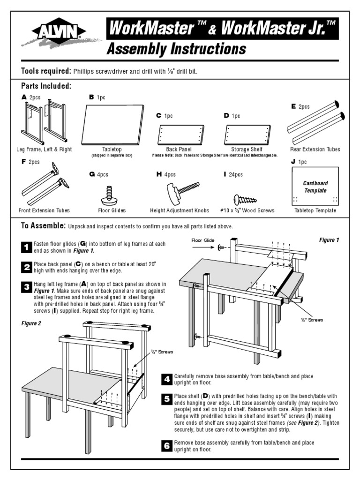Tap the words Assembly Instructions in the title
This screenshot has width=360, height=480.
176,49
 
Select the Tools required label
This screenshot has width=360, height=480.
46,71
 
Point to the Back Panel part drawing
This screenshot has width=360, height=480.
180,135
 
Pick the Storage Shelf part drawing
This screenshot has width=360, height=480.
247,135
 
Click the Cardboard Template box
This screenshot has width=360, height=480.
315,187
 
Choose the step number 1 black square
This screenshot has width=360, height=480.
27,247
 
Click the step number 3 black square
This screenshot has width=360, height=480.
27,287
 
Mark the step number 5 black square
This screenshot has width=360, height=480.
167,399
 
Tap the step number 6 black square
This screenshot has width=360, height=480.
167,446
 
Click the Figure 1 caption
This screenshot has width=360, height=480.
329,240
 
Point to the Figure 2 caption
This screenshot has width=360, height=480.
32,323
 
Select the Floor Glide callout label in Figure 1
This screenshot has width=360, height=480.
203,240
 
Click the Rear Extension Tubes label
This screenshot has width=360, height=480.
315,150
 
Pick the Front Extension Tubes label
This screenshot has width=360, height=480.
44,211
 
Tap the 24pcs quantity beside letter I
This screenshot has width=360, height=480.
236,175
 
